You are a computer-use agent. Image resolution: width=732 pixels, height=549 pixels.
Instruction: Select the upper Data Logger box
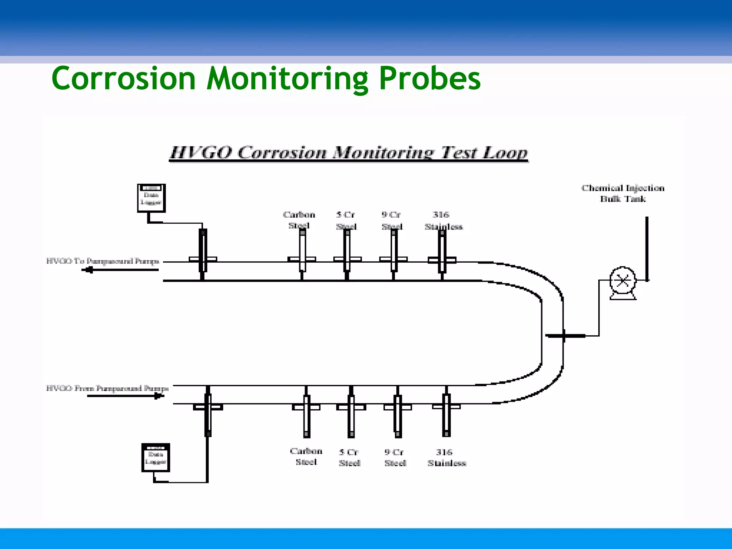151,198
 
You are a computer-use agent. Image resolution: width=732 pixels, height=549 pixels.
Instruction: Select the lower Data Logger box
155,457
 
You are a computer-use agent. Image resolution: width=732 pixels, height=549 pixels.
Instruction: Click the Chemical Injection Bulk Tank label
623,193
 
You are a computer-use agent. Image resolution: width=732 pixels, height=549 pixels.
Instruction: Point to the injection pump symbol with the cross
623,281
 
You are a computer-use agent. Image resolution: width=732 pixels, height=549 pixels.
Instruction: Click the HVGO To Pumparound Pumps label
103,261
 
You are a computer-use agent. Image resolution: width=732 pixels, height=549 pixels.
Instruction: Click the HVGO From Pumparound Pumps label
107,388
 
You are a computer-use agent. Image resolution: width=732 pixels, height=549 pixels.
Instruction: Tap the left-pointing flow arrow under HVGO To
120,270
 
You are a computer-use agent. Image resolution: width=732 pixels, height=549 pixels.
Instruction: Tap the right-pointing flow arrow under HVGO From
125,396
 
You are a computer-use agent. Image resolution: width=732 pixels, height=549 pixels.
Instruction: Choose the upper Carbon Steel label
299,220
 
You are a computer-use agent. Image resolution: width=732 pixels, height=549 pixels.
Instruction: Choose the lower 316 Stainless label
446,457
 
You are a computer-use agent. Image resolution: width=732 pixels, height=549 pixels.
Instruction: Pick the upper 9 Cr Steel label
391,220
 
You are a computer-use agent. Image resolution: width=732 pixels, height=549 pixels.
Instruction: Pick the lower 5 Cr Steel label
349,457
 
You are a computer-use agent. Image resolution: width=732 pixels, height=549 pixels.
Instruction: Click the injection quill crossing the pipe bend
565,336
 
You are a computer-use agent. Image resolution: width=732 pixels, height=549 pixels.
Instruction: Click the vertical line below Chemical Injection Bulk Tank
647,248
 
